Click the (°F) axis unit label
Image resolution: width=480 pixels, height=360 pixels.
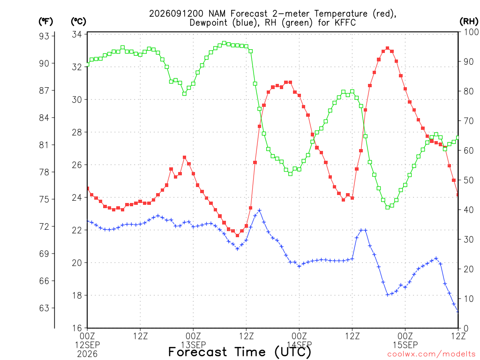coord(45,22)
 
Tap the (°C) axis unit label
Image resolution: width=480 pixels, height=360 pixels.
coord(78,22)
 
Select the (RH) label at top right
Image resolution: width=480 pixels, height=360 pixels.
coord(469,22)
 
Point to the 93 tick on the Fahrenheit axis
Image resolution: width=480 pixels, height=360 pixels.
coord(44,36)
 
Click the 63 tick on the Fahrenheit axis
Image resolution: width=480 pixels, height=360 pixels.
coord(44,308)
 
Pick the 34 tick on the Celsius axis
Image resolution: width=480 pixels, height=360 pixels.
coord(77,34)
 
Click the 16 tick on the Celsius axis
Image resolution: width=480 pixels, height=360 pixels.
coord(77,328)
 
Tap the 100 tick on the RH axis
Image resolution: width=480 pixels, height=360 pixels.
coord(472,32)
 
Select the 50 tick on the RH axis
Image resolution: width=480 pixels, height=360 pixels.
coord(469,180)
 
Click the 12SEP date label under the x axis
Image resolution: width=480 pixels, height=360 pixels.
coord(87,345)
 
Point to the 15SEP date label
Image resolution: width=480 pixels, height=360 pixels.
coord(405,345)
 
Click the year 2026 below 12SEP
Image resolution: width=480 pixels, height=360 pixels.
coord(87,354)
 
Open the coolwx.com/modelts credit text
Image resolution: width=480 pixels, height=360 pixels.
coord(431,354)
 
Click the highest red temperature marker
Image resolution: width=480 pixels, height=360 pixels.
coord(388,48)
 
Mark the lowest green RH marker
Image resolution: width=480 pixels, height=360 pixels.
coord(388,207)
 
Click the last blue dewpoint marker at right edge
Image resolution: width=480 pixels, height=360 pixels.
coord(458,311)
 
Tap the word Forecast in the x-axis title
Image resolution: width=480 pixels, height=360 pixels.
coord(198,352)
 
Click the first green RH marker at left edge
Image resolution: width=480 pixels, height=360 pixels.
coord(87,64)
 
